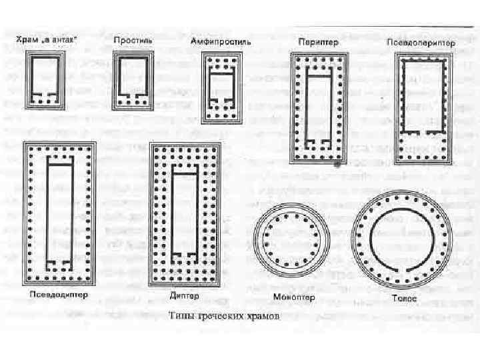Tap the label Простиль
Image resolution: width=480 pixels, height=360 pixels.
pos(133,41)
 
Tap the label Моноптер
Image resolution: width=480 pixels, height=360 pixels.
pos(293,297)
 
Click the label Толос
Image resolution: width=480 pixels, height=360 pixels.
pos(404,299)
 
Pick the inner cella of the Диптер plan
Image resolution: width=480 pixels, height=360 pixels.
pos(184,212)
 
